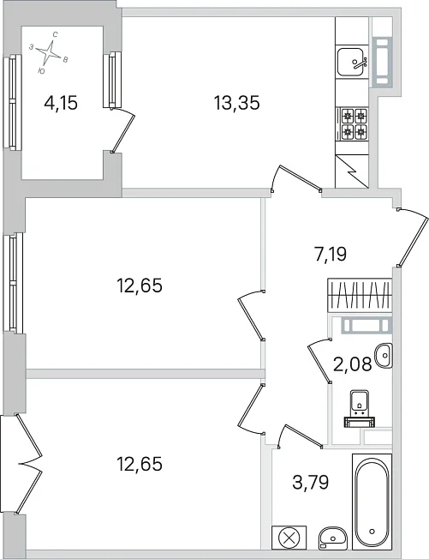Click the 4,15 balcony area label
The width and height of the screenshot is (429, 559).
click(x=61, y=104)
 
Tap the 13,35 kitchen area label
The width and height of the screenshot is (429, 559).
click(x=236, y=103)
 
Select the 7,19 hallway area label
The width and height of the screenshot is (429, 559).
click(x=331, y=255)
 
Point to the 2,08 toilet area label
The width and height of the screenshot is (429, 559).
click(x=353, y=364)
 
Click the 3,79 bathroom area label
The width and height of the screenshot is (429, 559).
click(x=311, y=482)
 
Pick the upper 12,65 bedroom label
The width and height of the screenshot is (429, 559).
click(x=140, y=286)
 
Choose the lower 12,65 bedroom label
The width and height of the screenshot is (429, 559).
click(x=140, y=464)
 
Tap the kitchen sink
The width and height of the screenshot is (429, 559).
click(x=352, y=62)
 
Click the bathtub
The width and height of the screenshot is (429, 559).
click(x=372, y=502)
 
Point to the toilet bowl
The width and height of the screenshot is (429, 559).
click(x=360, y=409)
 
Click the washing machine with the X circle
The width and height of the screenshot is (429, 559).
click(x=289, y=538)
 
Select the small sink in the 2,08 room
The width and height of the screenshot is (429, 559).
click(x=384, y=356)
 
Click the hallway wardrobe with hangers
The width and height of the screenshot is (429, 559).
click(x=360, y=296)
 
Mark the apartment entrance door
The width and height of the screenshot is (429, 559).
click(x=413, y=237)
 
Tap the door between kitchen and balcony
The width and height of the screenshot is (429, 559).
click(x=122, y=129)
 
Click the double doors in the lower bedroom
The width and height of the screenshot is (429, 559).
click(x=29, y=464)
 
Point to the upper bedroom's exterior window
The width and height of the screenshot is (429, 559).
click(x=13, y=283)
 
